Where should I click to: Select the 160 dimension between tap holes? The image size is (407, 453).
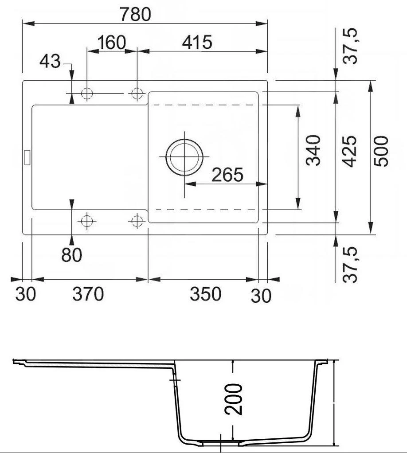pyautogui.click(x=112, y=43)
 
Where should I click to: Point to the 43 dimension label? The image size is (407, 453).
pyautogui.click(x=49, y=62)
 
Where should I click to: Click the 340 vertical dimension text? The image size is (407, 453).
pyautogui.click(x=314, y=151)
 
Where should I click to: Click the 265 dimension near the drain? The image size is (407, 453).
pyautogui.click(x=227, y=175)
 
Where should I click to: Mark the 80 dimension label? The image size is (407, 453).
pyautogui.click(x=72, y=255)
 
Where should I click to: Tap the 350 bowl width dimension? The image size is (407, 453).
pyautogui.click(x=205, y=294)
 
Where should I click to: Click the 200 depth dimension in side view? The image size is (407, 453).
pyautogui.click(x=234, y=399)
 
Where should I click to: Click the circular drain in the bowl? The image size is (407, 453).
pyautogui.click(x=184, y=157)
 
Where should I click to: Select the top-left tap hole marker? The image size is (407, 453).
pyautogui.click(x=87, y=94)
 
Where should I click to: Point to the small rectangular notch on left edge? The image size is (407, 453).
pyautogui.click(x=26, y=156)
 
